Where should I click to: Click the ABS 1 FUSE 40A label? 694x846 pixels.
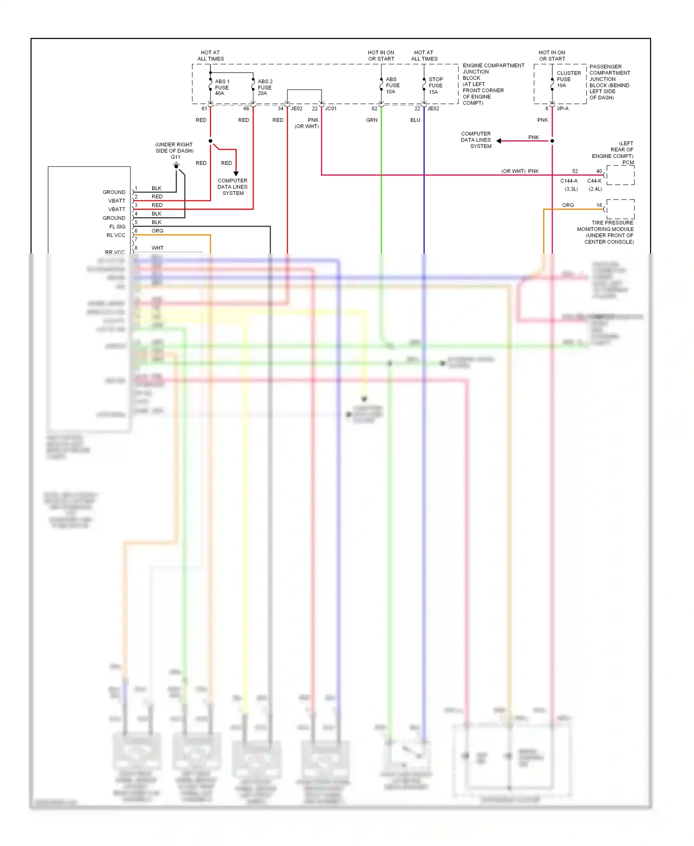tap(222, 87)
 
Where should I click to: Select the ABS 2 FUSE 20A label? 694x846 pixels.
tap(265, 87)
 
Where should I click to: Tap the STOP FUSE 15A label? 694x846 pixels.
tap(435, 86)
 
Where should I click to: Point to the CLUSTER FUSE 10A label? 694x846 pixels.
tap(568, 79)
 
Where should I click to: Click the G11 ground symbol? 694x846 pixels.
tap(176, 165)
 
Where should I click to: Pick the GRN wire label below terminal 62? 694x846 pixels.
tap(372, 120)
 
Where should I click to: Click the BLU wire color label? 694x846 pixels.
tap(415, 120)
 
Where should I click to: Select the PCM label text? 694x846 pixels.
tap(628, 162)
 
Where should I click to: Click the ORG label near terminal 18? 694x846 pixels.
tap(568, 205)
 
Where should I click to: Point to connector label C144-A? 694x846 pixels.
tap(569, 181)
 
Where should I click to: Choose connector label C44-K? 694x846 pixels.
tap(595, 181)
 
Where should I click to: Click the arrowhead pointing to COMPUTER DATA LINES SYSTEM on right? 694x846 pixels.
tap(499, 141)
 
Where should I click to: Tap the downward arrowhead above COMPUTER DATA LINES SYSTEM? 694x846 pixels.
tap(236, 174)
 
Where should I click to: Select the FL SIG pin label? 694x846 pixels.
tap(117, 227)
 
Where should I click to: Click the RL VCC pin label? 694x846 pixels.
tap(116, 236)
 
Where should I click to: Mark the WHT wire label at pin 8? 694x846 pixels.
tap(157, 248)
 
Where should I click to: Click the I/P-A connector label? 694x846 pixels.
tap(563, 109)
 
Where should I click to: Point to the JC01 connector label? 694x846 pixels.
tap(331, 109)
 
